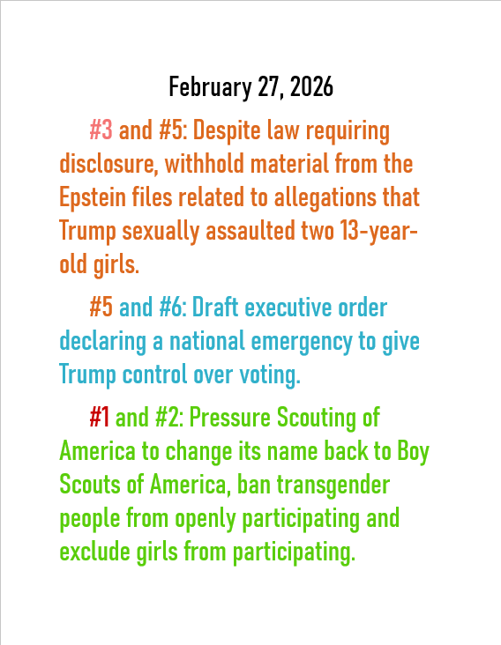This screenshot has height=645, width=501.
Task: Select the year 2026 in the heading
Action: coord(309,87)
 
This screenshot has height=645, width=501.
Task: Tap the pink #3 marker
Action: coord(101,131)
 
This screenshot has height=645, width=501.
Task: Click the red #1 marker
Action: coord(100,417)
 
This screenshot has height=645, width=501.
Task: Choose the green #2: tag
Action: coord(168,417)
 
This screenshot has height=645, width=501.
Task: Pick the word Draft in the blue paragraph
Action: coord(216,308)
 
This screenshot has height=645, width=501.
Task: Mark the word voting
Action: coord(268,374)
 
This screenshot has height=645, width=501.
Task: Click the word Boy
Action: coord(412,450)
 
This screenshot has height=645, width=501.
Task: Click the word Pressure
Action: coord(228,417)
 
